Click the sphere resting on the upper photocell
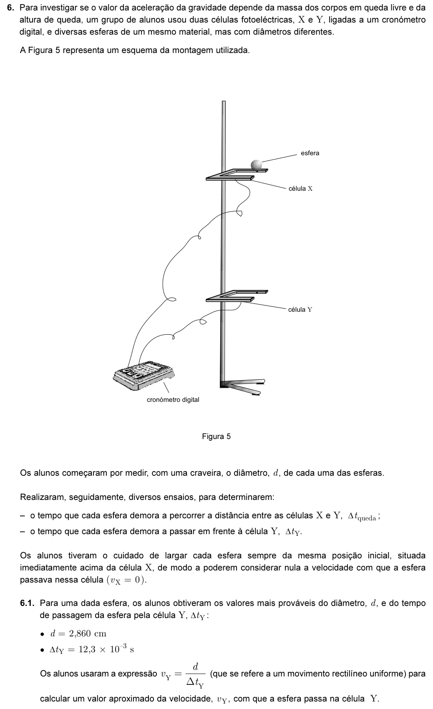tap(257, 165)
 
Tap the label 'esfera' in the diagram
tap(310, 153)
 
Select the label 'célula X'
tap(300, 189)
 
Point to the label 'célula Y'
tap(300, 310)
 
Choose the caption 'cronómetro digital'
tap(173, 400)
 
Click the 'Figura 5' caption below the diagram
tap(216, 437)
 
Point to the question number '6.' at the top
tap(11, 8)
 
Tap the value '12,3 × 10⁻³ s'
tap(106, 649)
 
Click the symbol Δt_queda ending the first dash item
tap(362, 516)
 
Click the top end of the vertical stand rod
tap(224, 101)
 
